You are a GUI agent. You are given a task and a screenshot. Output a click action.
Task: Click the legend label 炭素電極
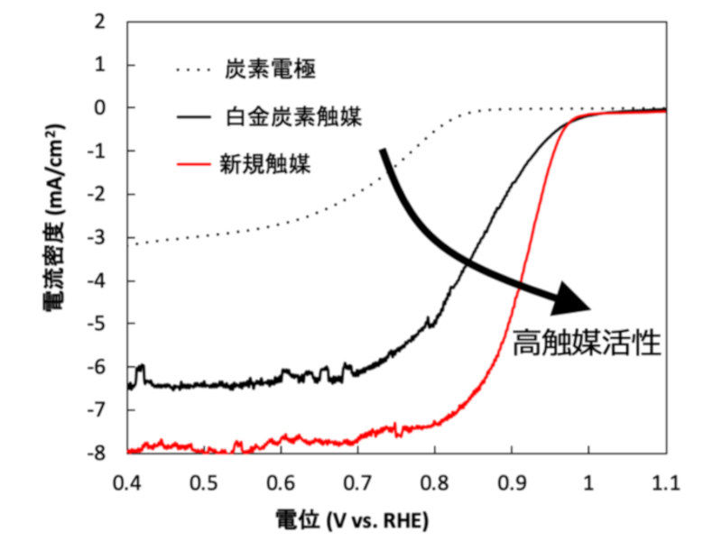[269, 69]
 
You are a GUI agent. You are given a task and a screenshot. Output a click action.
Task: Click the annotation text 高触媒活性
[588, 344]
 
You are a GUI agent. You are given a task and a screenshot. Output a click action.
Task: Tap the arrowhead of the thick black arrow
[574, 298]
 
